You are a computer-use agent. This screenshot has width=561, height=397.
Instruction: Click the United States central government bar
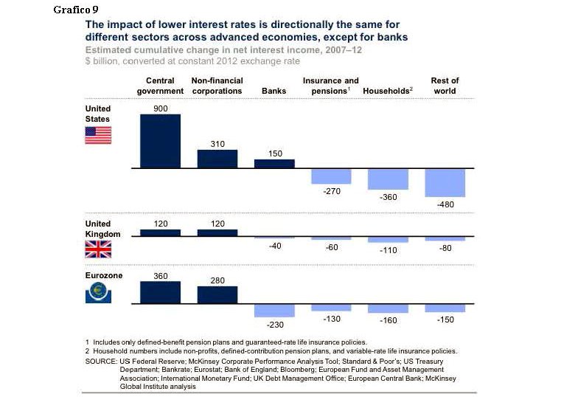point(160,141)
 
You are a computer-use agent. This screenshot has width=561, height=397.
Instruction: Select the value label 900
point(160,108)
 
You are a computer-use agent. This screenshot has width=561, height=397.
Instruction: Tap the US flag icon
point(98,135)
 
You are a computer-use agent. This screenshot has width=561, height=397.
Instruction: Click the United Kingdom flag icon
point(98,249)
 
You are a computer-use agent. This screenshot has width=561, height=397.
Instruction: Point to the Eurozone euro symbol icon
point(98,293)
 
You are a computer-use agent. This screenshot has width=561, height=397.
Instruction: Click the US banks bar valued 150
point(274,164)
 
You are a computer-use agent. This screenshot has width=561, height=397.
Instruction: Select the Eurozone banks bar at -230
point(274,310)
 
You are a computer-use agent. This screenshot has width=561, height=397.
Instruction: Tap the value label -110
point(388,250)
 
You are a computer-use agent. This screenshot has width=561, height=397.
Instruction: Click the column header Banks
point(274,92)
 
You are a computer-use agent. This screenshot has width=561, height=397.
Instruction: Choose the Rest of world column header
point(445,86)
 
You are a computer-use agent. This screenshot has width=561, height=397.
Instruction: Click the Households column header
point(388,92)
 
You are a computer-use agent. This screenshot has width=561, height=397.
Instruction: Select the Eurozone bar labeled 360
point(160,292)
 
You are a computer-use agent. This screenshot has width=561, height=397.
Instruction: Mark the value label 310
point(217,144)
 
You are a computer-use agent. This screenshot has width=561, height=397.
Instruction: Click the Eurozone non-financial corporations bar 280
point(217,294)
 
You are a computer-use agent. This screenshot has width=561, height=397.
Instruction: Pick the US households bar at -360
point(388,179)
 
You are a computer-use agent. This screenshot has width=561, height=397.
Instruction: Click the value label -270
point(331,191)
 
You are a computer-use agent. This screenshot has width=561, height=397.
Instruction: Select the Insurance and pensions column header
point(331,86)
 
